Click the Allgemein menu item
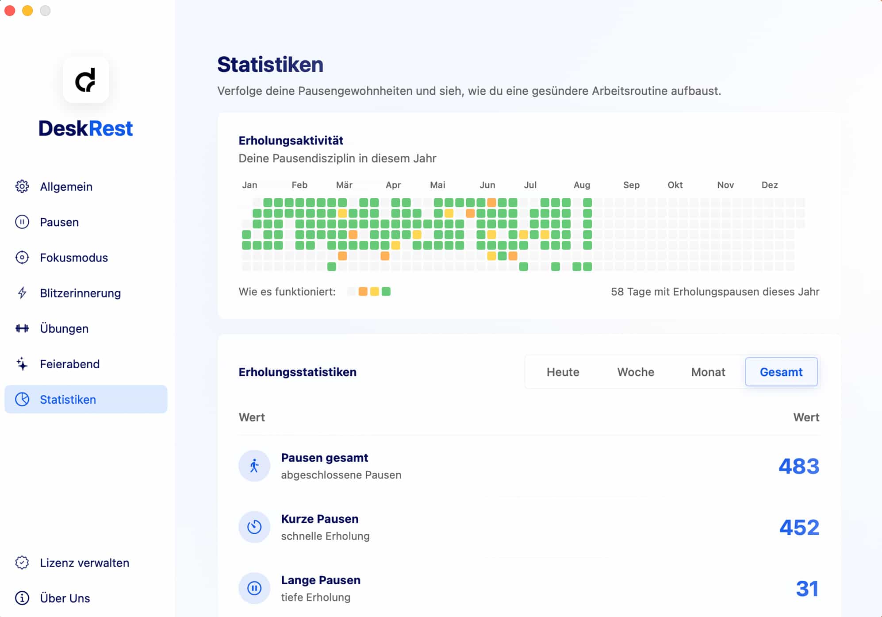pos(66,187)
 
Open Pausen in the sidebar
pos(59,222)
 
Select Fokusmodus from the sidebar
pos(73,258)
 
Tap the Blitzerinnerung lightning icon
pos(22,293)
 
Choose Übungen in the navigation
pos(64,328)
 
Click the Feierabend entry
pos(69,364)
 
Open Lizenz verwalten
pos(84,563)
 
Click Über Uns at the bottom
pos(65,598)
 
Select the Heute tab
pos(563,372)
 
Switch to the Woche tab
pos(636,372)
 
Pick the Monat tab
pos(708,372)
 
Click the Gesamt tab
pos(781,372)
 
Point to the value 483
pos(799,466)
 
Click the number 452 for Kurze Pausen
pos(799,527)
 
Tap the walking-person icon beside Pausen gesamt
pos(254,466)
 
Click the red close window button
pos(10,11)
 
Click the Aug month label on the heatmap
pos(582,185)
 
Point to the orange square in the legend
pos(363,292)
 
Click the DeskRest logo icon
pos(86,80)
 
